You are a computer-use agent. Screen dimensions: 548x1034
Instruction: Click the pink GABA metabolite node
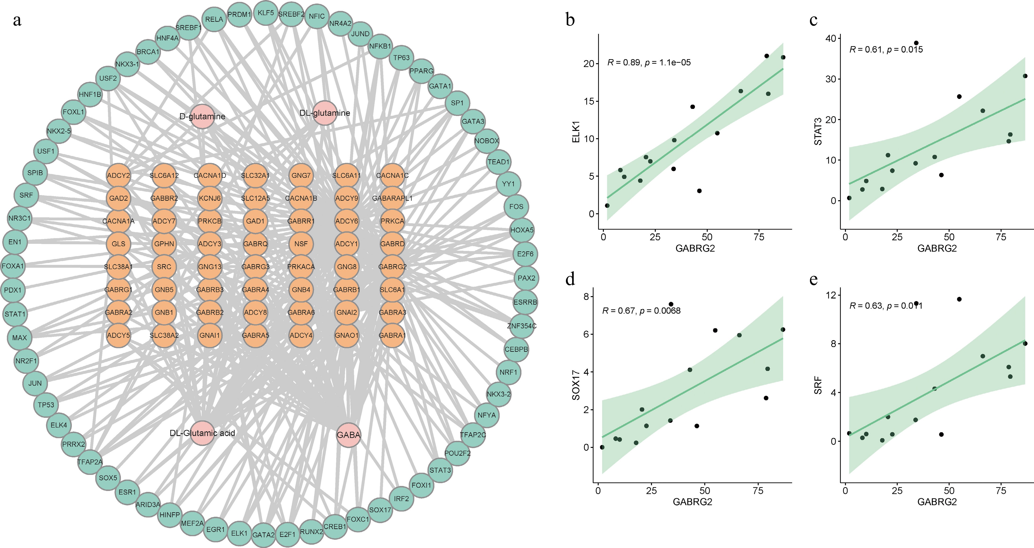point(348,435)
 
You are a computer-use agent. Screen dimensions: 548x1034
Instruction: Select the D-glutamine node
point(202,116)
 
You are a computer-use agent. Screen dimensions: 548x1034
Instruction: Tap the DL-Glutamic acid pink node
point(202,433)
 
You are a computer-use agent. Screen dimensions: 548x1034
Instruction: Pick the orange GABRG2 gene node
point(392,267)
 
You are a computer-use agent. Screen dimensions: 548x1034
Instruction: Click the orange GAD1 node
point(255,221)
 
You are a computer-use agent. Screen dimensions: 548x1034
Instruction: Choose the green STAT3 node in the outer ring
point(440,470)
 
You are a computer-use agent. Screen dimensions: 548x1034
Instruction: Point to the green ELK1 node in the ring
point(239,533)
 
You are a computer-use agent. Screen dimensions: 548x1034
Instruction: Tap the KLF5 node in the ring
point(266,13)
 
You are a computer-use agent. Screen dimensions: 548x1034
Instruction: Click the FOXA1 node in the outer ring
point(13,266)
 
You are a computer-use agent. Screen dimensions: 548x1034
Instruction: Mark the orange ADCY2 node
point(118,175)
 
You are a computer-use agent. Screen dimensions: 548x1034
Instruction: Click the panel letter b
point(570,19)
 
